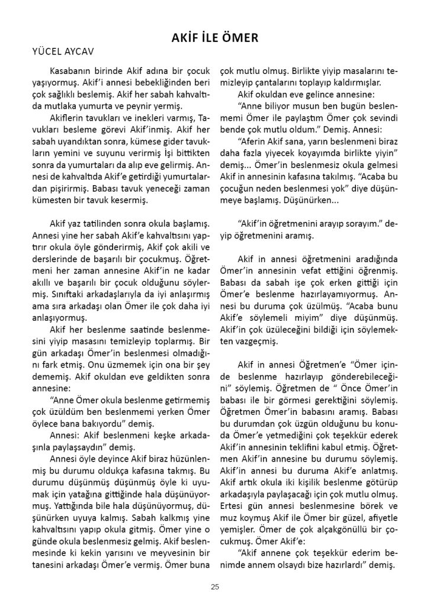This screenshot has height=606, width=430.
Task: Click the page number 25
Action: coord(214,586)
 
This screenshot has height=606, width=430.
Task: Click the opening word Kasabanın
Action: coord(72,70)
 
